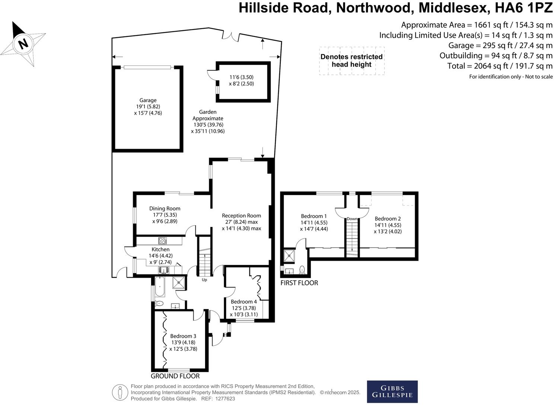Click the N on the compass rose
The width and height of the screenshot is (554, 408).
[23, 44]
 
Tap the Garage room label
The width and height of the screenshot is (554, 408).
[148, 100]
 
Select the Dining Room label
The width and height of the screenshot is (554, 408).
[165, 208]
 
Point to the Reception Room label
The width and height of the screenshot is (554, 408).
[241, 216]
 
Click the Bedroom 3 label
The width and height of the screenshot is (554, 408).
[183, 336]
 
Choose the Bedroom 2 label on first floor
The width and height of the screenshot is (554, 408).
[388, 219]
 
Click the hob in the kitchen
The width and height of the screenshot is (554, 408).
[163, 241]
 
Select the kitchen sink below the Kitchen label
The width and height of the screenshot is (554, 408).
[163, 270]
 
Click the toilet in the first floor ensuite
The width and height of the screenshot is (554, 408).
[302, 269]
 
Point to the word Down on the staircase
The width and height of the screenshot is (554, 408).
[352, 219]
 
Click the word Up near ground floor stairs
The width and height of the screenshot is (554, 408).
[204, 280]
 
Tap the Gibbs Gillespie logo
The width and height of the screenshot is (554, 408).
[392, 391]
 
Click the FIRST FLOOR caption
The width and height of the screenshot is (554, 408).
[299, 283]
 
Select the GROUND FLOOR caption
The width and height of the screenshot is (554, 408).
[175, 376]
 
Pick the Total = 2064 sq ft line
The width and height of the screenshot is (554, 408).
[500, 66]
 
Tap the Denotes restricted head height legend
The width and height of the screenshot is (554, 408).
[351, 61]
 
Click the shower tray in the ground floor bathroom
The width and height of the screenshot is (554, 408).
[179, 283]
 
